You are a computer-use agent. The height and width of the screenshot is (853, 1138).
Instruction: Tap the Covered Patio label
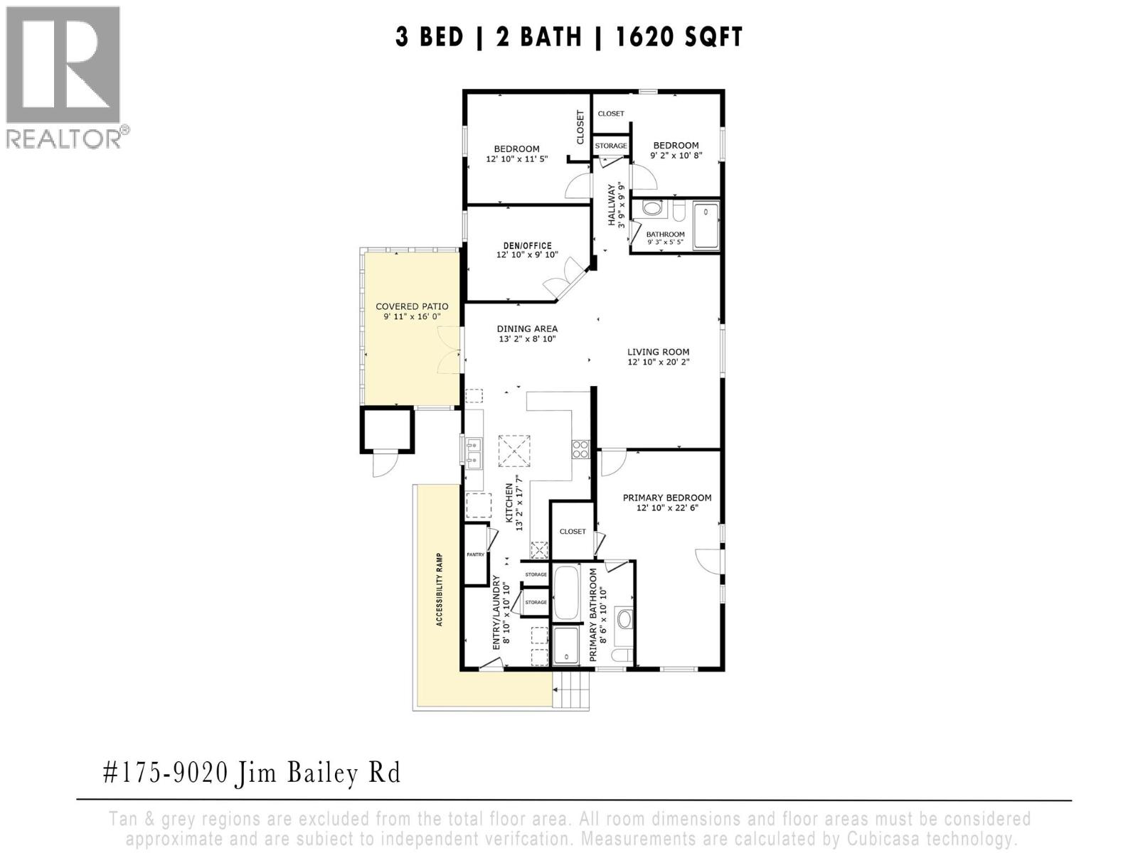tap(412, 307)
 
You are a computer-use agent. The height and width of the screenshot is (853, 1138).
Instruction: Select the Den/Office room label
tap(527, 246)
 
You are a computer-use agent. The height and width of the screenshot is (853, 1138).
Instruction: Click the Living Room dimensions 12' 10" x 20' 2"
tap(658, 362)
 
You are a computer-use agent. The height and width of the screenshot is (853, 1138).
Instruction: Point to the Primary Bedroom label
tap(666, 498)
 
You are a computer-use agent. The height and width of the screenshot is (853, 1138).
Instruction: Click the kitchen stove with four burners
tap(580, 449)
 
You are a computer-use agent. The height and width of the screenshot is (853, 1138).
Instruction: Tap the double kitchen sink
tap(474, 453)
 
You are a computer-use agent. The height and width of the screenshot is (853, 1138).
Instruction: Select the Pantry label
tap(475, 554)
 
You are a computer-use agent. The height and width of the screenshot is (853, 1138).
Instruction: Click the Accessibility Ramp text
tap(440, 589)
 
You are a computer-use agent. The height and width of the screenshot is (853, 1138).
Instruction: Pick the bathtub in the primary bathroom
tap(567, 592)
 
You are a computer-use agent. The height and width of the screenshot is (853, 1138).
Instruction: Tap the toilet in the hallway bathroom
tap(652, 208)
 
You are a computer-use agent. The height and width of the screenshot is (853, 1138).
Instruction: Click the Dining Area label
tap(527, 329)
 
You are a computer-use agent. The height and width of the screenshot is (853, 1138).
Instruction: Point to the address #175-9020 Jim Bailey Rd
tap(252, 773)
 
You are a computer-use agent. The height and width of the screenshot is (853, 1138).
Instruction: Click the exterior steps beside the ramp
tap(572, 691)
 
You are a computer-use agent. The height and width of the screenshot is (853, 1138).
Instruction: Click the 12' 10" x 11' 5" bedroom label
tap(516, 159)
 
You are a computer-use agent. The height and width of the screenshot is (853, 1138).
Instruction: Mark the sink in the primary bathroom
tap(624, 618)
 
